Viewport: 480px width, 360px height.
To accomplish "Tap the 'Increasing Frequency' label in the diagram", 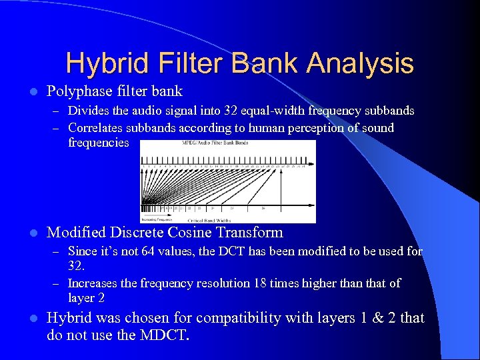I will [x=156, y=219].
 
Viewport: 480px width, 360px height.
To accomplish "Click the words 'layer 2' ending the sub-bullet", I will [x=86, y=298].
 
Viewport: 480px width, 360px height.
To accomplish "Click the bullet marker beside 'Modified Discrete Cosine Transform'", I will [x=33, y=233].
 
